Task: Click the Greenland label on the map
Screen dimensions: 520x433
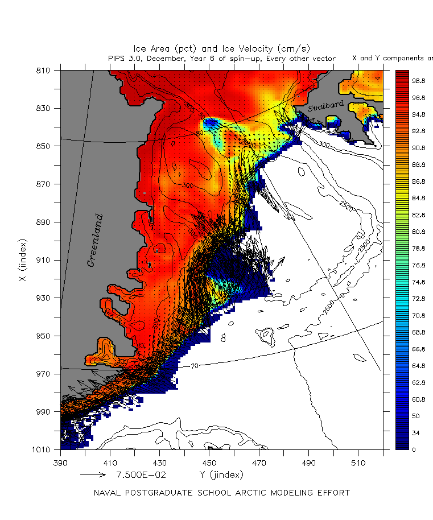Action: (94, 240)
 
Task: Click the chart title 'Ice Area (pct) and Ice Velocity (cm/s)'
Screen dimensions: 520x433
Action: (222, 48)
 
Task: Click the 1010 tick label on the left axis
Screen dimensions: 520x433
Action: (43, 449)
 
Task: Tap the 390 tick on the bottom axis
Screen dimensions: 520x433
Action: (61, 461)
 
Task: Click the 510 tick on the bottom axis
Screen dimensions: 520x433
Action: (357, 461)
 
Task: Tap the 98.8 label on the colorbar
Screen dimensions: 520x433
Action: (419, 81)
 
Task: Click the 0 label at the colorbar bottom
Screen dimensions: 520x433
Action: (414, 449)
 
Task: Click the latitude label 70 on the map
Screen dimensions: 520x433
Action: (194, 366)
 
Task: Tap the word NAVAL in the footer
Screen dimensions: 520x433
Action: (107, 493)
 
